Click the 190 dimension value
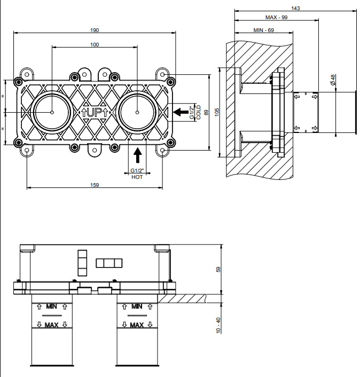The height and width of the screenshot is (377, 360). (95, 30)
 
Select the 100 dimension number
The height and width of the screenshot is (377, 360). (95, 44)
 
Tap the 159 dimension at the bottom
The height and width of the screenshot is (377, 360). (95, 185)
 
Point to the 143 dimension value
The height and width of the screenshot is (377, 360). (295, 8)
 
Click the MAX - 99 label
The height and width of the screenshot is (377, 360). (276, 17)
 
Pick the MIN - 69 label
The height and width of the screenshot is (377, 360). (263, 30)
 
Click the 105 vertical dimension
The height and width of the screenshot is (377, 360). (217, 112)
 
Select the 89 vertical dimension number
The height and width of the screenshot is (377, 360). (206, 112)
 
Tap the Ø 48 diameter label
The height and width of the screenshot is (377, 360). (333, 80)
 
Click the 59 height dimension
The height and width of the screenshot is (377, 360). (218, 269)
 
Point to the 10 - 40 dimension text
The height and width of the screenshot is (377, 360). (218, 325)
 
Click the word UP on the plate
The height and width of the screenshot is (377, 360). (94, 113)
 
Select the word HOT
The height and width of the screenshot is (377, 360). (137, 177)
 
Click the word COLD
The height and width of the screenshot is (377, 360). (198, 112)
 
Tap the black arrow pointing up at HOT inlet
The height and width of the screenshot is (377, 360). (138, 155)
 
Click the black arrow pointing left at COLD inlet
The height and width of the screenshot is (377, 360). (181, 112)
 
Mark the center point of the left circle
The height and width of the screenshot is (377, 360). (52, 112)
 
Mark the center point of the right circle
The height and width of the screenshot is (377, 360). (137, 112)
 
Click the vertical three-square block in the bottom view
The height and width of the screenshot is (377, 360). (82, 263)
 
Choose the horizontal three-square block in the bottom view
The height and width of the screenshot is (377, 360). (109, 263)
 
